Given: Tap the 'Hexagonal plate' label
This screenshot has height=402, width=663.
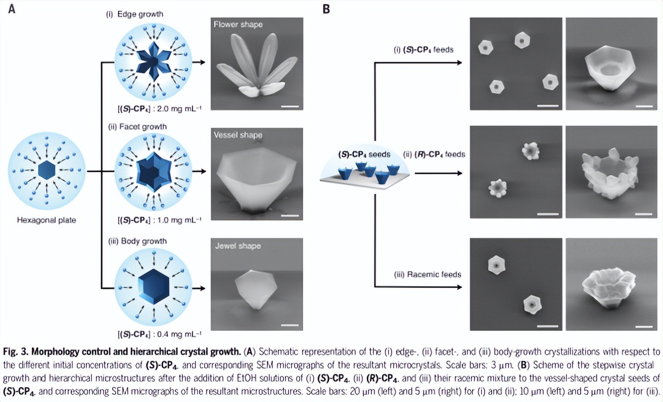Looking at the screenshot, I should pyautogui.click(x=46, y=220).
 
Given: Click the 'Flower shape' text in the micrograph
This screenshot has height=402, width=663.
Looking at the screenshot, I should pyautogui.click(x=238, y=24).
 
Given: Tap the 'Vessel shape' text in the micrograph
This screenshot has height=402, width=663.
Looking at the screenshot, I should pyautogui.click(x=238, y=135).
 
